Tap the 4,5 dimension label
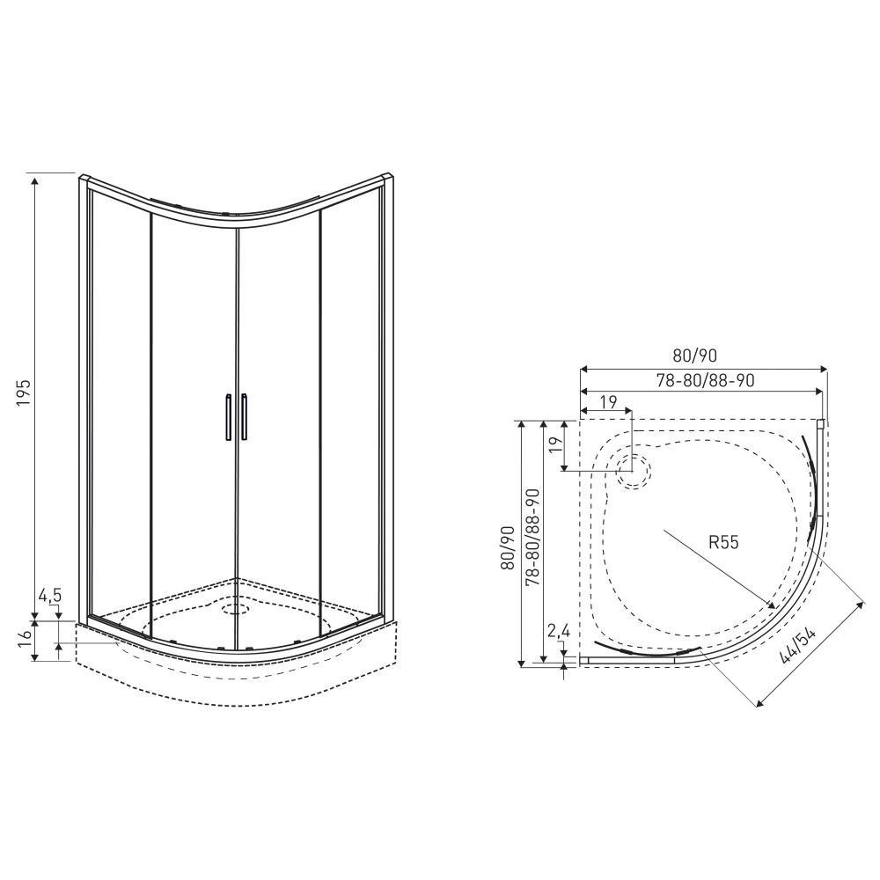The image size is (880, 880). click(x=50, y=596)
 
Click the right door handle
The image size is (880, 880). click(x=245, y=417)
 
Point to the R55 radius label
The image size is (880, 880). click(x=723, y=542)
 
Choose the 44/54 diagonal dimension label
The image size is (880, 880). click(x=797, y=645)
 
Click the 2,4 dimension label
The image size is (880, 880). click(x=559, y=631)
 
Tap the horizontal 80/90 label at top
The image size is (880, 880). click(x=694, y=356)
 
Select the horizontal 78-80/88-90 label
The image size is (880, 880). click(x=706, y=380)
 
